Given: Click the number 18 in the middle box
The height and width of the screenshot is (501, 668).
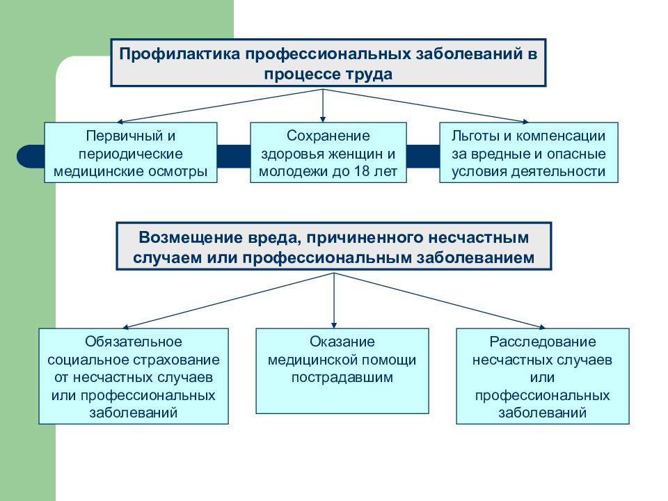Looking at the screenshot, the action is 362,171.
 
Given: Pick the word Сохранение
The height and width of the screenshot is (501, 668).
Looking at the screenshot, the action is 328,136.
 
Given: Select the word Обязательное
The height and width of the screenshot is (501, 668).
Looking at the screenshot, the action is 134,342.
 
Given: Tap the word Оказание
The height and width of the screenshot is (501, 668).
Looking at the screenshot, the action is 342,342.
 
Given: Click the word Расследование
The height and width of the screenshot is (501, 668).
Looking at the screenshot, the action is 542,342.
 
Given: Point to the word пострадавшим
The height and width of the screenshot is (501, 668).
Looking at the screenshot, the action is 342,377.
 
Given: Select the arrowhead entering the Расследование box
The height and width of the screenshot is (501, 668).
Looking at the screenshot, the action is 542,327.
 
